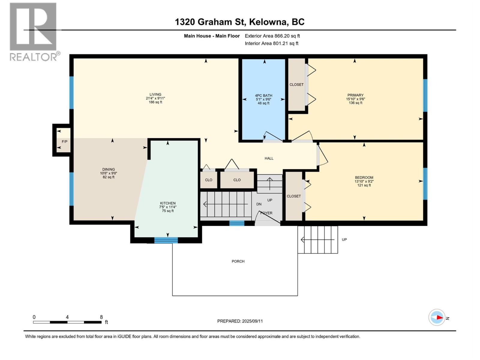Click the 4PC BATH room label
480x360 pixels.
(x=263, y=96)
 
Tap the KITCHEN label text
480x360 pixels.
(x=167, y=203)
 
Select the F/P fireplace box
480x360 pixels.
(x=64, y=141)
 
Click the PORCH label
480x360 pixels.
(x=238, y=261)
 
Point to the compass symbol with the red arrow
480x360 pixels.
(x=437, y=317)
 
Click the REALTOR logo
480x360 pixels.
(x=33, y=31)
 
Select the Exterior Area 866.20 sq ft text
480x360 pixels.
(x=272, y=36)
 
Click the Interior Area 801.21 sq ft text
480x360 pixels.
(x=271, y=43)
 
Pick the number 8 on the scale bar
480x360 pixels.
(x=101, y=317)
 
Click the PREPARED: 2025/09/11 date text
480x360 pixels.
(x=240, y=321)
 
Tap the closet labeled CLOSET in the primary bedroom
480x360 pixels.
(x=296, y=85)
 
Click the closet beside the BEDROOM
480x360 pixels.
(x=294, y=196)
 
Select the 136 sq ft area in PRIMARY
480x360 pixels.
(x=355, y=103)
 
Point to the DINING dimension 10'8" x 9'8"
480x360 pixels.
(x=108, y=173)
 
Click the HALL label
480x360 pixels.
(x=269, y=158)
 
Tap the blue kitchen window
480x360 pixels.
(x=166, y=240)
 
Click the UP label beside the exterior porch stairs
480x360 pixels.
(x=344, y=240)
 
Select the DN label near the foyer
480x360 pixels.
(x=259, y=204)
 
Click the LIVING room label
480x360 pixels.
(x=155, y=94)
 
